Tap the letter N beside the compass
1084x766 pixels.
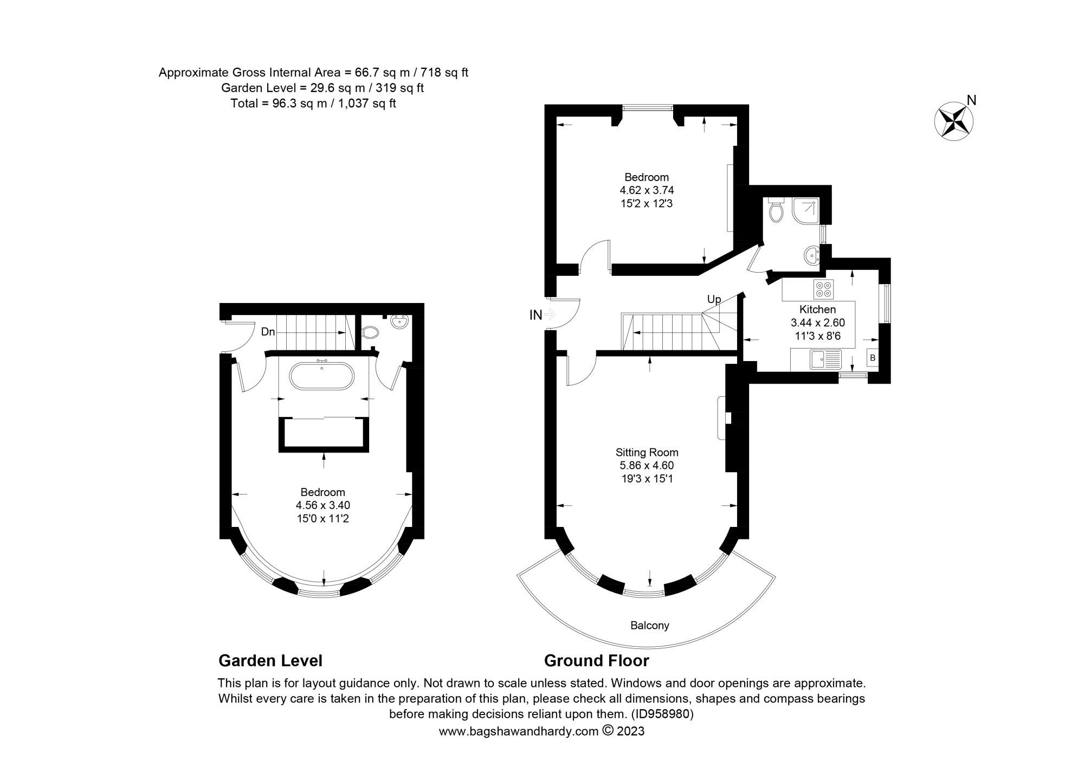pos(972,100)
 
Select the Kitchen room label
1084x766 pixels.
pos(817,310)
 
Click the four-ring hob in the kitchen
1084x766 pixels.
pos(824,289)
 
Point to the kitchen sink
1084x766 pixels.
pos(824,359)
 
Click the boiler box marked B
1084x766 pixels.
pos(872,358)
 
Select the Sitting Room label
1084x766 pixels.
pos(647,452)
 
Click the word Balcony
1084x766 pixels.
pos(649,626)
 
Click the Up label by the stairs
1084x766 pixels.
pos(714,299)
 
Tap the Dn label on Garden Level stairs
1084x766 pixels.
pos(268,332)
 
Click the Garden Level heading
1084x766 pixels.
pos(270,661)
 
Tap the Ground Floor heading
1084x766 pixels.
pos(596,661)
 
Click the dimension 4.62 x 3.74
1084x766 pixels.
pos(647,190)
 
